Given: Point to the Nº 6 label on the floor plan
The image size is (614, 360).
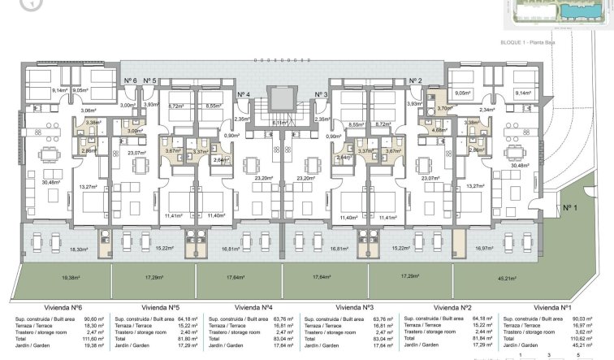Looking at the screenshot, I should [x=130, y=81].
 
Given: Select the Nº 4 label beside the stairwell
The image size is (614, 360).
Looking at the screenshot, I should [x=244, y=95].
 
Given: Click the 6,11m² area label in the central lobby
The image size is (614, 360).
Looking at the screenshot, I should [x=280, y=123].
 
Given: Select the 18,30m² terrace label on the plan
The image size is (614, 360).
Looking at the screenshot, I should [x=79, y=249].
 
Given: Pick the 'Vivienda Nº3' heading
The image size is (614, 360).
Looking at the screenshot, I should [x=358, y=309].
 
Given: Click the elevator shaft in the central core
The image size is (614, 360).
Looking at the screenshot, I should [x=281, y=99].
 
